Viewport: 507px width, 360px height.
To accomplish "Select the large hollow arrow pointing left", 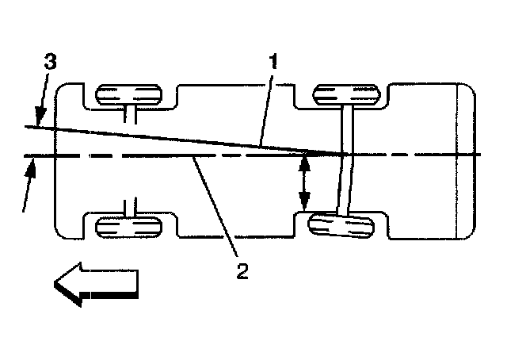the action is click(x=95, y=285).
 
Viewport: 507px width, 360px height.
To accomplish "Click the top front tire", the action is click(x=128, y=95).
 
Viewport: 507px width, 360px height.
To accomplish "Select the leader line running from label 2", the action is click(x=216, y=209).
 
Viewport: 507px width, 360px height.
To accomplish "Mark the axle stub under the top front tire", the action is click(x=132, y=115).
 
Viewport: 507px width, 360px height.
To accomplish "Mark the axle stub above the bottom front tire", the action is click(x=132, y=207).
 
